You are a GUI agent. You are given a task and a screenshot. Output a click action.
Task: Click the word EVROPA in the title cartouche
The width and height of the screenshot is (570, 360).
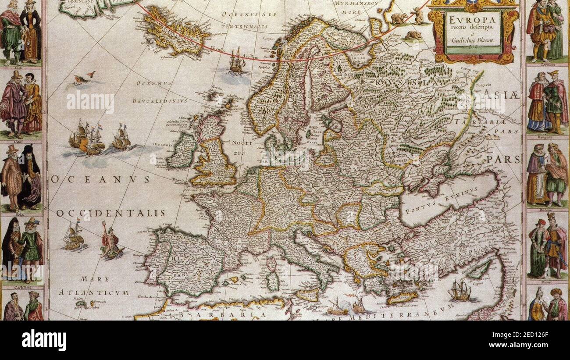pyautogui.click(x=474, y=20)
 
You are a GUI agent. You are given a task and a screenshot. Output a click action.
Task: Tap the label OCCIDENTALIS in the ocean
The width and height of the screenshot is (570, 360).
pyautogui.click(x=110, y=213)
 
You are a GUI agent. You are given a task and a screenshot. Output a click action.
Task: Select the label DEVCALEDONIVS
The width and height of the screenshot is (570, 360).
pyautogui.click(x=161, y=100)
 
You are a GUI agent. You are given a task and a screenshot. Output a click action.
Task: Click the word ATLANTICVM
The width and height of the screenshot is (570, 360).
pyautogui.click(x=94, y=292)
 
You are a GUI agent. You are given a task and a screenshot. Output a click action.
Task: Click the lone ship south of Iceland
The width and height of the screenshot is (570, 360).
pyautogui.click(x=236, y=62)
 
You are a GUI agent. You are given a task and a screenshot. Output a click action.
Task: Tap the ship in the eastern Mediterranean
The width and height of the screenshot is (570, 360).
pyautogui.click(x=460, y=291)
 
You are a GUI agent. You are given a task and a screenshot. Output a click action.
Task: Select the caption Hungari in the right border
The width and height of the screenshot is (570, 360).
pyautogui.click(x=545, y=136)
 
